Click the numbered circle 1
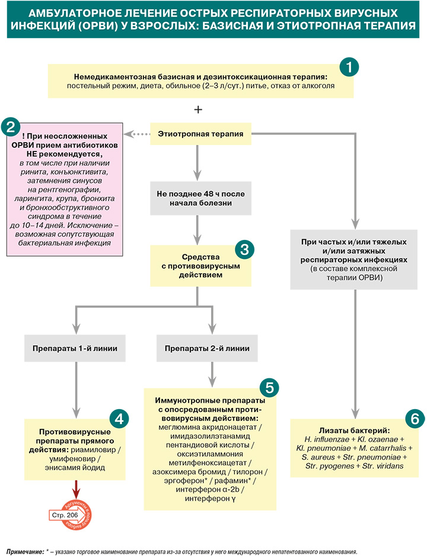[349, 67]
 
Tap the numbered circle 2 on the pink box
[11, 126]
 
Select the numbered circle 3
[244, 249]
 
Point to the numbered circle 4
[119, 418]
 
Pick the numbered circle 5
[269, 388]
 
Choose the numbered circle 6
[415, 418]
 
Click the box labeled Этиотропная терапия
[200, 134]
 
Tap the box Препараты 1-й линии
[75, 348]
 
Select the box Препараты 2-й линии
[207, 348]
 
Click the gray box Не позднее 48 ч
[200, 198]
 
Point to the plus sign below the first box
[198, 109]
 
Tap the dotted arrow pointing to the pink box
[136, 134]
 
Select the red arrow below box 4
[76, 490]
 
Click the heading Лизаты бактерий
[354, 431]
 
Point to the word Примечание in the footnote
[25, 552]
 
